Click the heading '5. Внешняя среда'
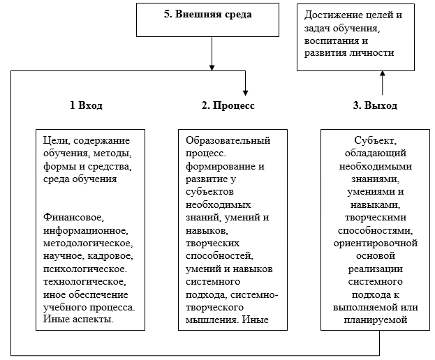[x=208, y=15]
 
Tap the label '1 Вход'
[x=87, y=105]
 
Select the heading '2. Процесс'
[x=228, y=105]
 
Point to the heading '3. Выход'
[x=375, y=105]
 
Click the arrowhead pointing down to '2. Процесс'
[x=245, y=93]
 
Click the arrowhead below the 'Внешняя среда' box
[x=212, y=68]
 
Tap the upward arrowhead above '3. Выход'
[x=383, y=73]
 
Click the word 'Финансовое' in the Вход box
[x=73, y=217]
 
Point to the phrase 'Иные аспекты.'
[x=78, y=319]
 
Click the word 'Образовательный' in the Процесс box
[x=228, y=140]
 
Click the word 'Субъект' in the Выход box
[x=375, y=141]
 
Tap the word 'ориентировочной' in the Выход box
[x=376, y=243]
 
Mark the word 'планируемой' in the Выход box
[x=376, y=320]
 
